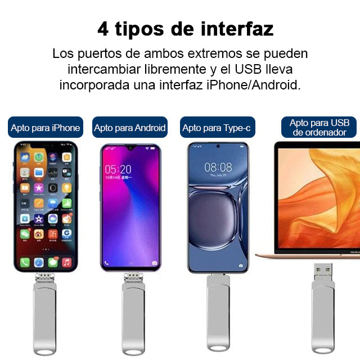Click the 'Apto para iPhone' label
[46, 127]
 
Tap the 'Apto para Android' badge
[130, 127]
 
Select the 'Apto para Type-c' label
[218, 127]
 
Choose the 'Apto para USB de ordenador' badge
[319, 127]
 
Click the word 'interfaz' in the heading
[237, 29]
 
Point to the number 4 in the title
[103, 29]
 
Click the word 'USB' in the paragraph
[248, 69]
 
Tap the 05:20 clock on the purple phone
[118, 169]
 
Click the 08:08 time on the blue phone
[218, 167]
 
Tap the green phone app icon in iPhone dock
[25, 263]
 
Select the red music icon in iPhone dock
[66, 263]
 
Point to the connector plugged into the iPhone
[45, 278]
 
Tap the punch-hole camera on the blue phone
[218, 146]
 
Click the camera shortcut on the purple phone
[155, 263]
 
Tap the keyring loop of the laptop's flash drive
[323, 350]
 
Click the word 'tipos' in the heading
[139, 30]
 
